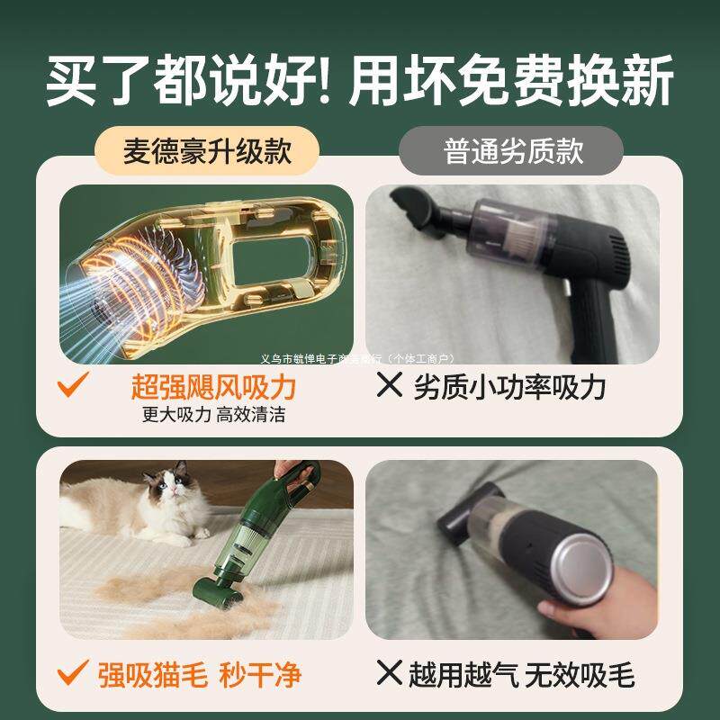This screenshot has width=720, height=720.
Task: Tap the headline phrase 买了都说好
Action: pyautogui.click(x=189, y=83)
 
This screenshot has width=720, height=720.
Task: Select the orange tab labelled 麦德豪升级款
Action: pyautogui.click(x=207, y=150)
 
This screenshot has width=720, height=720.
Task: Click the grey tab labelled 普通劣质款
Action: pyautogui.click(x=513, y=150)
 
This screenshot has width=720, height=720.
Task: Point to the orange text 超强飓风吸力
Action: pyautogui.click(x=213, y=388)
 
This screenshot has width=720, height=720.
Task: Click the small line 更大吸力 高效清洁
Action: pyautogui.click(x=213, y=415)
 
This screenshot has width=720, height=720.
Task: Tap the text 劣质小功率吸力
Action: pyautogui.click(x=509, y=388)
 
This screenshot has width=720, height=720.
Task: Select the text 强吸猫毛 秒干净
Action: pyautogui.click(x=199, y=674)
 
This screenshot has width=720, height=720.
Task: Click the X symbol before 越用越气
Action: pyautogui.click(x=389, y=674)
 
